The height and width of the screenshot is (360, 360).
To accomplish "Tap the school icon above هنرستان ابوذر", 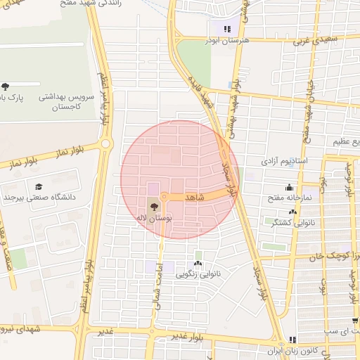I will (226, 29).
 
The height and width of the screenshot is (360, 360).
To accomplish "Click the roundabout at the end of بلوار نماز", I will (106, 144).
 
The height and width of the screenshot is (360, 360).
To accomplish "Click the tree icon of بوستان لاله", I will (154, 207).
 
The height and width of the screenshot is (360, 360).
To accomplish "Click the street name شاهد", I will (194, 198).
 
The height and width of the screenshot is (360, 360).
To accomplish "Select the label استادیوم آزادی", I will (280, 162).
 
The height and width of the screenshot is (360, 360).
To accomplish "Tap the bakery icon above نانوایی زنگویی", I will (198, 263).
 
